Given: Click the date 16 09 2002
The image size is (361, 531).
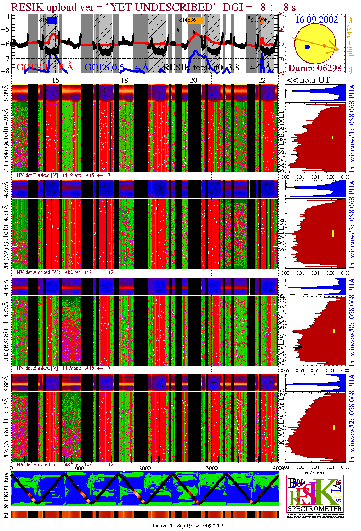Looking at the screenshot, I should tap(316, 20).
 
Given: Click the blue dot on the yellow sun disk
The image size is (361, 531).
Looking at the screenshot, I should tap(307, 47).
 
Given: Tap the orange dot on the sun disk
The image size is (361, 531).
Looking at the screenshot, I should tap(324, 46).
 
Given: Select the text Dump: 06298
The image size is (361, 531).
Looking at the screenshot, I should tap(315, 68).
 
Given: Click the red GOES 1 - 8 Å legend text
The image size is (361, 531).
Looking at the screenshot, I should tap(45, 67).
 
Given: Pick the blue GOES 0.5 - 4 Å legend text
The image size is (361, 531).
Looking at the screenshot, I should tap(116, 67).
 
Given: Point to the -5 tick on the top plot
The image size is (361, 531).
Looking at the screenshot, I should tap(5, 29).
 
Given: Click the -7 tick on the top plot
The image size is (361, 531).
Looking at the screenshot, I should tap(5, 58).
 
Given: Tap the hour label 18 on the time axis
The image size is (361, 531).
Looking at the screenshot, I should tap(124, 80).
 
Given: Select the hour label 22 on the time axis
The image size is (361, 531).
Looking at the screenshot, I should tap(262, 80).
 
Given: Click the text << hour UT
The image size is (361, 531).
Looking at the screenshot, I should tap(308, 80).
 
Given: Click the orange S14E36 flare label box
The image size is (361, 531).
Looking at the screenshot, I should tap(198, 20).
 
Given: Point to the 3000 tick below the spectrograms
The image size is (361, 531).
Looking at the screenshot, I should tap(212, 468).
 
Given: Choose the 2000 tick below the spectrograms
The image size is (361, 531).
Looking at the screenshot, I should tap(145, 468).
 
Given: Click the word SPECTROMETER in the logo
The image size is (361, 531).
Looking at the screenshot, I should tap(315, 509).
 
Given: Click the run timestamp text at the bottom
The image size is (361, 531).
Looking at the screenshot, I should tap(187, 526).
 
